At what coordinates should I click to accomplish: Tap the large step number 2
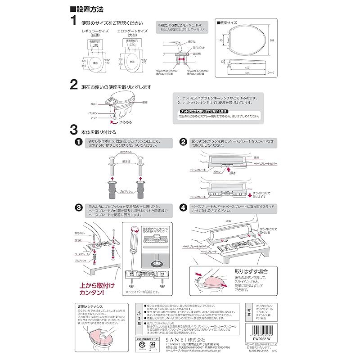(74, 85)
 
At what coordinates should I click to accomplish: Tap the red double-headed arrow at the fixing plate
(180, 58)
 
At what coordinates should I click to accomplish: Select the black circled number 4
(183, 207)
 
